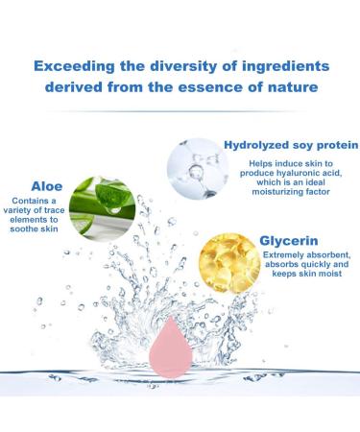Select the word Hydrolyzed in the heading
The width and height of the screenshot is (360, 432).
pos(264,146)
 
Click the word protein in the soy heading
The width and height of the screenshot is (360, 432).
pos(332,146)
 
